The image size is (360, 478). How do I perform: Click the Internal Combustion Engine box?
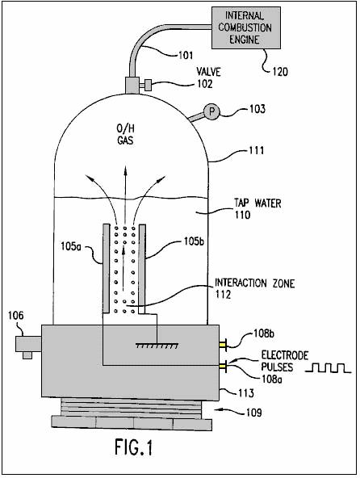coord(246,27)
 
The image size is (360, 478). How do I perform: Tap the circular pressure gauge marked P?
coord(211,112)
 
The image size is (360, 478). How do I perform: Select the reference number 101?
coord(186,56)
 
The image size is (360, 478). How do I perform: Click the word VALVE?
coord(208,72)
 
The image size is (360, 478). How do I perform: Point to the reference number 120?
coord(280,72)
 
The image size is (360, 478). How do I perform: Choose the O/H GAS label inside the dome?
coord(126,135)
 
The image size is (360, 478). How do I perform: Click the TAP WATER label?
coord(257,203)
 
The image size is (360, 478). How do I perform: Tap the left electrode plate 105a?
coord(106,269)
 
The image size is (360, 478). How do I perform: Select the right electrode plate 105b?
coord(142,269)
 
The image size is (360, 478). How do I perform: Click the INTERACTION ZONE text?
coord(255,283)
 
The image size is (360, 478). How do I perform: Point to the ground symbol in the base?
coord(157,346)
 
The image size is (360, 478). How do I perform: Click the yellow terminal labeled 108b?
coord(223,345)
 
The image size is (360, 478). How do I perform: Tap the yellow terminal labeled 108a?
coord(223,365)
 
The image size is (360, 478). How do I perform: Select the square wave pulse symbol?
coord(329,368)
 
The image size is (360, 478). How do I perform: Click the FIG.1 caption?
coord(133,447)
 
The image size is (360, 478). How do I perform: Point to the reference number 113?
coord(245,393)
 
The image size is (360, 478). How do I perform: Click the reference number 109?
coord(253,413)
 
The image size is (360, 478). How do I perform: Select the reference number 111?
coord(257,151)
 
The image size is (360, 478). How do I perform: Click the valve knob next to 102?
coord(148,85)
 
